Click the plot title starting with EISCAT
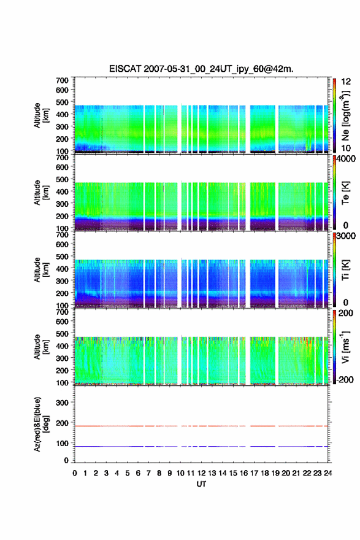201,69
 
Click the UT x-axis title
201,484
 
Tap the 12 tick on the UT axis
201,473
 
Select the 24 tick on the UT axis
328,473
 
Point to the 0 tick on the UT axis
75,473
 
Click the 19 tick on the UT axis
275,473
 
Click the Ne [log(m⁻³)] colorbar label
345,116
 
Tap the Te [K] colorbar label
345,193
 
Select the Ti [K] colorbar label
345,269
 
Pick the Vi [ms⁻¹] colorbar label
345,347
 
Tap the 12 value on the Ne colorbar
346,82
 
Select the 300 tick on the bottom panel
63,403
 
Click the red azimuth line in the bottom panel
201,426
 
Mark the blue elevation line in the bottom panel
201,446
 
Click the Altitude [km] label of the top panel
41,116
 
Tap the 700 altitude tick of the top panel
63,80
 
